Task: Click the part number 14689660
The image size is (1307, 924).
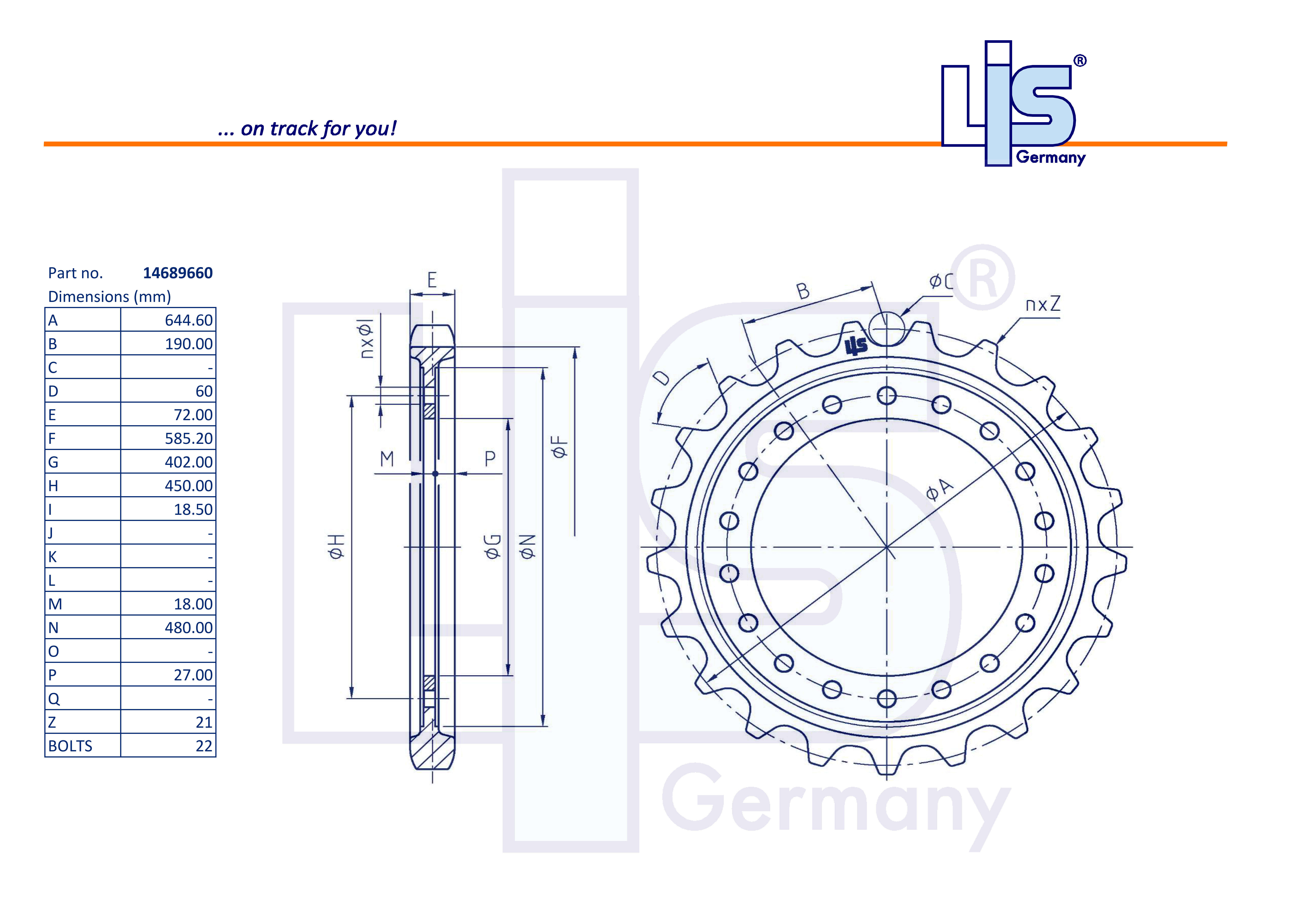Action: click(178, 273)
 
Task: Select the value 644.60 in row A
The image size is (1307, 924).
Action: click(188, 321)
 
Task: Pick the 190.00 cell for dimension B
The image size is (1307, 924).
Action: click(188, 344)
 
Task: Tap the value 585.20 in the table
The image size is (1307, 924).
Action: click(188, 438)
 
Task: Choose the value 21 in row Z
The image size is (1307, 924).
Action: click(204, 722)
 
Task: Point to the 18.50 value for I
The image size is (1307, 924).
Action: click(193, 510)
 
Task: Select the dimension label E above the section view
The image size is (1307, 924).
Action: click(432, 280)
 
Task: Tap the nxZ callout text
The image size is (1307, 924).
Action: click(1043, 305)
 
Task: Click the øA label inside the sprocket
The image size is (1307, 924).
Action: click(939, 490)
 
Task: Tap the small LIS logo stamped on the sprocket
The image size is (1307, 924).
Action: click(856, 345)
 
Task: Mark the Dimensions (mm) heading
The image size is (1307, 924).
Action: click(109, 297)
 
